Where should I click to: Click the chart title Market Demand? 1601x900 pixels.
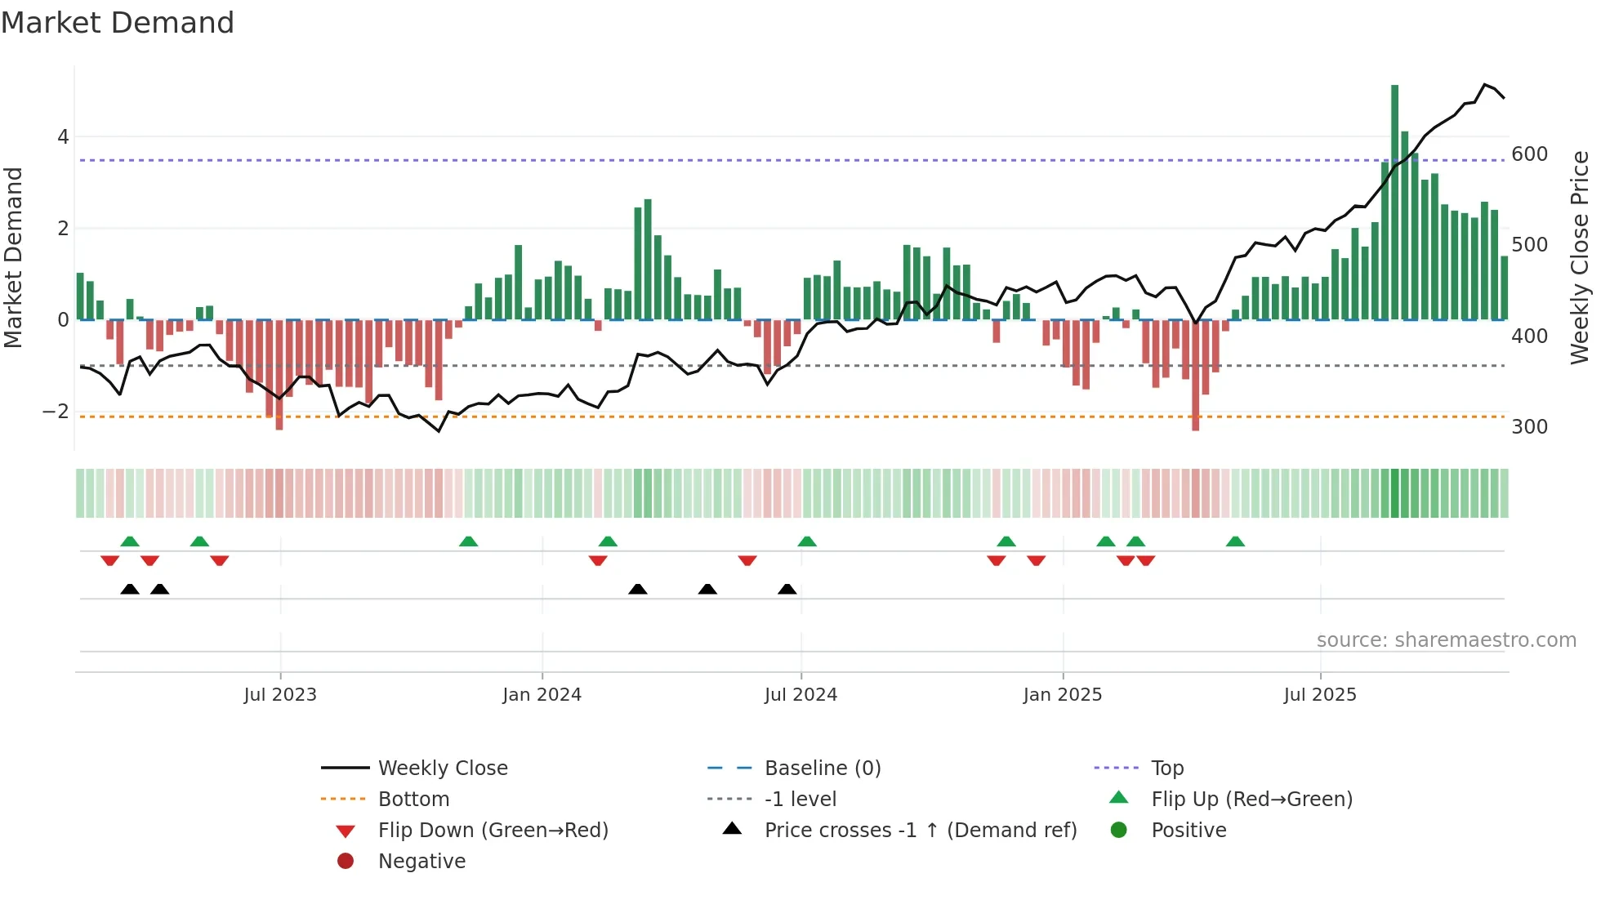(x=118, y=23)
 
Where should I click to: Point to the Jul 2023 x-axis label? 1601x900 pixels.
(x=280, y=695)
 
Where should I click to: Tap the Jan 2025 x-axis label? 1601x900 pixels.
(x=1062, y=695)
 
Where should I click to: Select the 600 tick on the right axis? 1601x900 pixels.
(x=1529, y=154)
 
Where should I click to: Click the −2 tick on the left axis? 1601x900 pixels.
(x=56, y=411)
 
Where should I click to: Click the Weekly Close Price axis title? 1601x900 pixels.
(x=1580, y=257)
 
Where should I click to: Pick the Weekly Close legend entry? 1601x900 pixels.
(x=442, y=769)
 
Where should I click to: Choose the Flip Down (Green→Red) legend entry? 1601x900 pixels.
(x=493, y=831)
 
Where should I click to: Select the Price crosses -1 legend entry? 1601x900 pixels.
(x=920, y=831)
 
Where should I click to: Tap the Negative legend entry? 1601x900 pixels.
(x=421, y=862)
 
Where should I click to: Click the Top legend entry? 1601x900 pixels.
(x=1166, y=769)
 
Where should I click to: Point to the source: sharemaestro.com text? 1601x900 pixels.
(x=1446, y=640)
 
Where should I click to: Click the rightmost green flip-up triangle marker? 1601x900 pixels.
(x=1235, y=541)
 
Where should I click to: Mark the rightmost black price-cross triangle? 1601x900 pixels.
(x=787, y=590)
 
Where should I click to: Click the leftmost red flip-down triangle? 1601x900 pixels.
(x=109, y=560)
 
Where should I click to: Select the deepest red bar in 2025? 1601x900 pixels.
(x=1195, y=376)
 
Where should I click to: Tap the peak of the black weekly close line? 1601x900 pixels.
(x=1485, y=84)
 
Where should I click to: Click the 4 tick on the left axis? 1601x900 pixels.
(x=63, y=137)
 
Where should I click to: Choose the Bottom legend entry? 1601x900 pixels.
(x=413, y=800)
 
